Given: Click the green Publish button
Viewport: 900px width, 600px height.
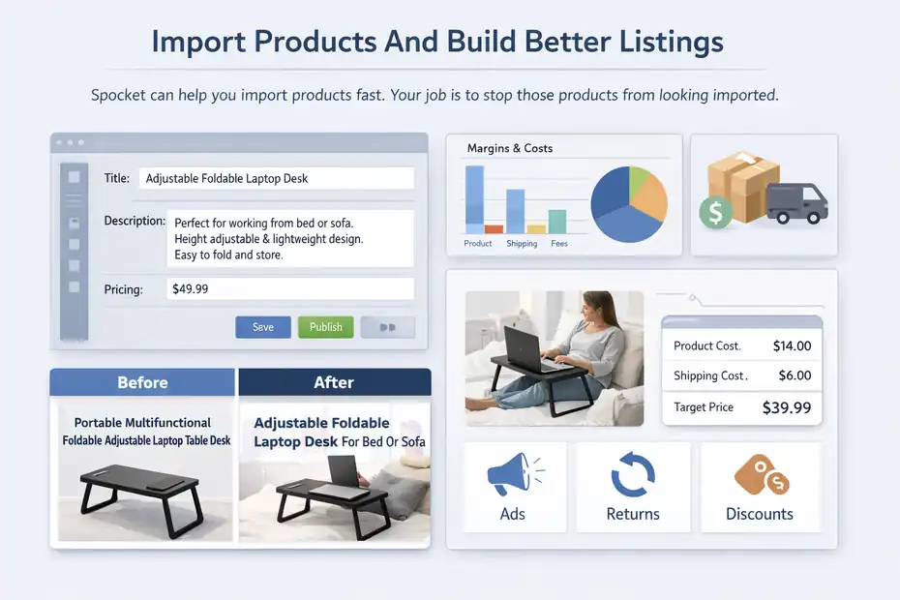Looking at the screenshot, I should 325,327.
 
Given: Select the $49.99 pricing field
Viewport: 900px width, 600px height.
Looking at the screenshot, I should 289,288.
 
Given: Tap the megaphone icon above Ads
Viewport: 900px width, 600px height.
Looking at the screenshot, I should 512,475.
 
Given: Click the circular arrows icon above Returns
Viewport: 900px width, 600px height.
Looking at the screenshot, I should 633,475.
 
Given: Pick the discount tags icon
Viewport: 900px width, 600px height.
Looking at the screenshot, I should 761,475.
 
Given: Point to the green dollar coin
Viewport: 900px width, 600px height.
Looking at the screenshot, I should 716,212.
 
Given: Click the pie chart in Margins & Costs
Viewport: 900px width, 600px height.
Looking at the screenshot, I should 628,204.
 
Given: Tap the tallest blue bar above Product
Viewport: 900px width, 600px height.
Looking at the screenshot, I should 474,199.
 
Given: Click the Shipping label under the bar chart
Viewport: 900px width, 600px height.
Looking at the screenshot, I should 522,244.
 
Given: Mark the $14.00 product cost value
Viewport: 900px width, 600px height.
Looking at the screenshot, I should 792,345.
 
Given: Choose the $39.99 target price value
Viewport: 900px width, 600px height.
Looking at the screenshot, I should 786,407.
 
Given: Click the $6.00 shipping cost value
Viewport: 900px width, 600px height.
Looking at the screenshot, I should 795,375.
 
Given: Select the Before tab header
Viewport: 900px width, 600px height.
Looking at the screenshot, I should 142,382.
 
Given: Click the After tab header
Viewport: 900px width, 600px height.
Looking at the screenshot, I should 334,382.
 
